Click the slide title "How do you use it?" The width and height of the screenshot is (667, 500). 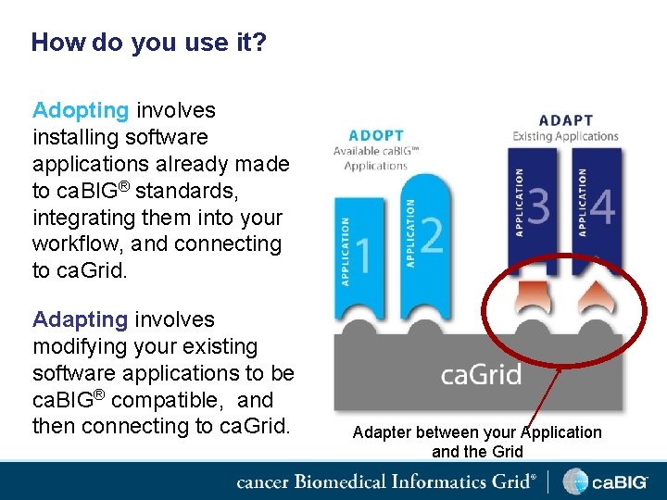[x=148, y=43]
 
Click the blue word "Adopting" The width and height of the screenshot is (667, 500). [x=81, y=110]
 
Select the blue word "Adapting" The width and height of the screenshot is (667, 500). [x=81, y=319]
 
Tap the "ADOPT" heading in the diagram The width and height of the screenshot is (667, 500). [x=371, y=135]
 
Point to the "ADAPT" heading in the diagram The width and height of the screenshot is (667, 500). [x=565, y=120]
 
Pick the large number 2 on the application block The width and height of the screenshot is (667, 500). [x=431, y=234]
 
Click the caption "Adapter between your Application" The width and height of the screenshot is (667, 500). [x=477, y=432]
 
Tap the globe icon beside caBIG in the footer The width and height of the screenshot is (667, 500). [x=576, y=481]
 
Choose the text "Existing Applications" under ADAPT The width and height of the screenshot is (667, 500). [x=565, y=137]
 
